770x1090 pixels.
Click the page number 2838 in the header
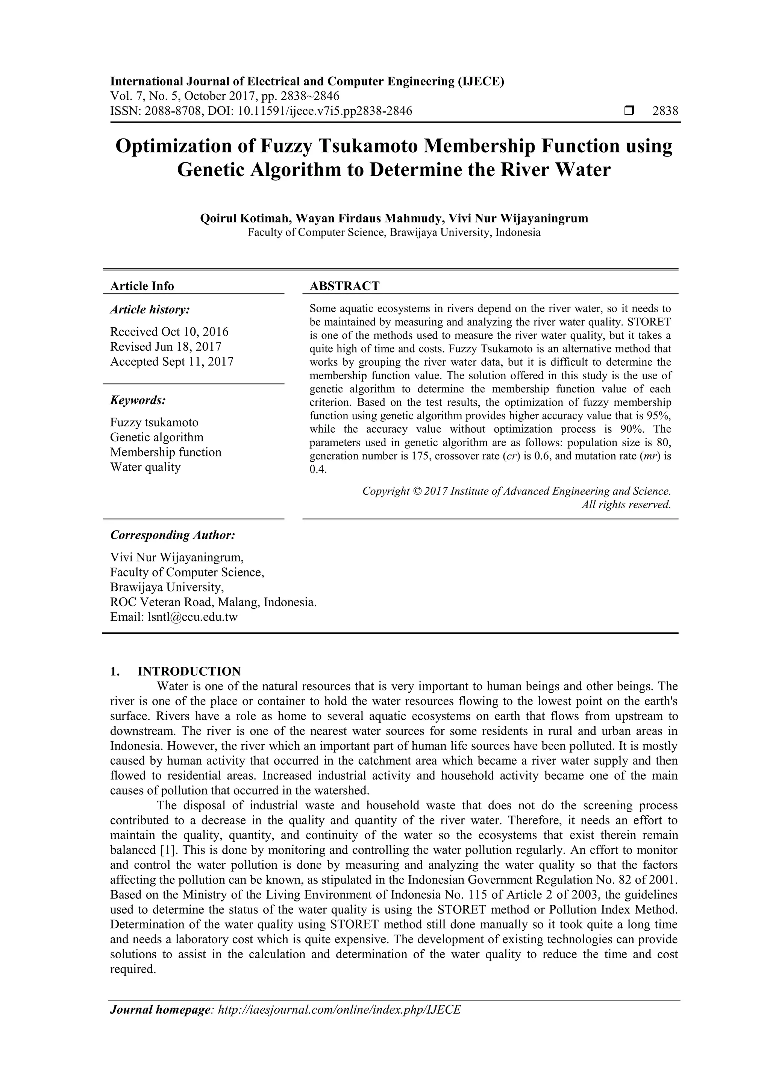point(665,111)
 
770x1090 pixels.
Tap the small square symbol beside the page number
point(629,111)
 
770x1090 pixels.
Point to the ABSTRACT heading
point(344,286)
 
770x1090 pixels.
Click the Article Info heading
point(142,286)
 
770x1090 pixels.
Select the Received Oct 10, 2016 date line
point(169,331)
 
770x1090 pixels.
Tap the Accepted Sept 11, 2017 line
point(172,362)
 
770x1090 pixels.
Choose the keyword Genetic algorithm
point(156,437)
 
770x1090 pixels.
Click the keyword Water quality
point(145,467)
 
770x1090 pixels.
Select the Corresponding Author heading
point(173,535)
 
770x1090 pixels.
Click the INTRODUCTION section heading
point(189,671)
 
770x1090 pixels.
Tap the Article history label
point(150,310)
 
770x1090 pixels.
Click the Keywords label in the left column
point(138,400)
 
